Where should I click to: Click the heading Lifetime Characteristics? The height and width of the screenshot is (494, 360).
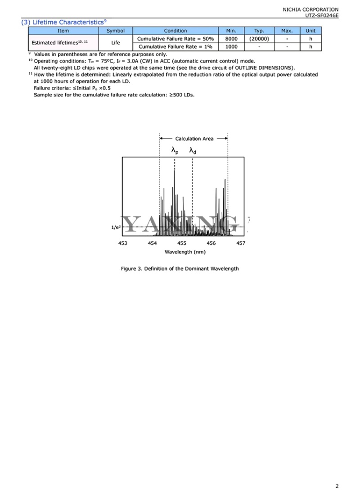[x=63, y=22]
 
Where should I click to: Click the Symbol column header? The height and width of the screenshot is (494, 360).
[x=115, y=31]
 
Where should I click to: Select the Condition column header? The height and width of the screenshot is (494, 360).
[x=175, y=31]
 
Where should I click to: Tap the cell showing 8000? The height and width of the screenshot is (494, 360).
[x=231, y=39]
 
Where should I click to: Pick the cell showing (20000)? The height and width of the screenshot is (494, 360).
[x=259, y=39]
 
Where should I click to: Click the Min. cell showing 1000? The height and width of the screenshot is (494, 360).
[x=231, y=47]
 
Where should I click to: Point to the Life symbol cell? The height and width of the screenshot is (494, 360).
[x=115, y=43]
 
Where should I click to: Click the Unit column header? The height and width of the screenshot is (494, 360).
[x=310, y=31]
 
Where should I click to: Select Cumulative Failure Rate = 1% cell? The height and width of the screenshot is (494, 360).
[x=175, y=47]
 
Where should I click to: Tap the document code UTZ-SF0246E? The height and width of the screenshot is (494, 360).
[x=322, y=15]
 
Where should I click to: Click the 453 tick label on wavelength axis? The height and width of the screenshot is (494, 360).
[x=123, y=243]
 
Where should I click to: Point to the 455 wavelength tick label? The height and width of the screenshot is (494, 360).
[x=182, y=243]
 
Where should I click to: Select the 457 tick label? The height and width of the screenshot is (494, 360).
[x=241, y=243]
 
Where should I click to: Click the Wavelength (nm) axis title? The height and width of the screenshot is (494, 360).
[x=182, y=251]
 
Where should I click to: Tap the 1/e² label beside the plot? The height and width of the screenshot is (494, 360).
[x=116, y=228]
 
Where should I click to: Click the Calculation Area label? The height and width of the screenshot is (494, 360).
[x=194, y=139]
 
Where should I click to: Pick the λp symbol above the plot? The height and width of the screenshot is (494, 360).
[x=175, y=151]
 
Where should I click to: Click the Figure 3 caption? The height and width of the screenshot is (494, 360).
[x=180, y=269]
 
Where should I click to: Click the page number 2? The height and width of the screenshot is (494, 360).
[x=337, y=486]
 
